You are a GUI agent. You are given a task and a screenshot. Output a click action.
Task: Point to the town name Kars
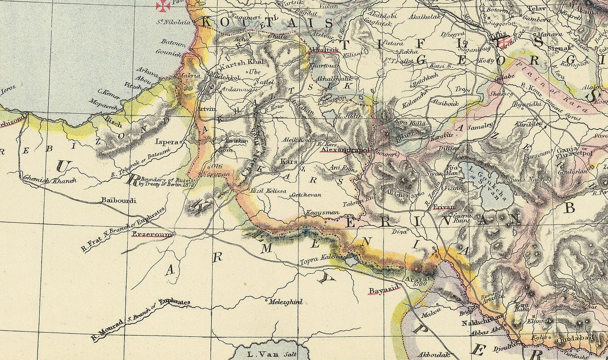288,161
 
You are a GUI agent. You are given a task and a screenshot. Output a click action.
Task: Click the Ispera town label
167,142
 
